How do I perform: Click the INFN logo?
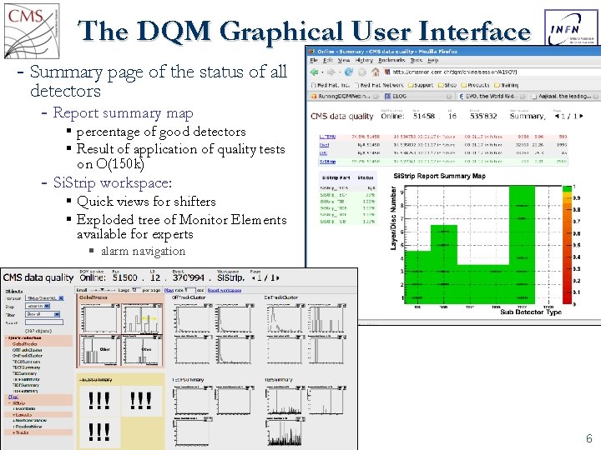[x=569, y=29]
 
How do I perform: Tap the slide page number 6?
[x=588, y=438]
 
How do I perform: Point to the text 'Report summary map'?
[x=123, y=113]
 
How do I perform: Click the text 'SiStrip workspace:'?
[x=112, y=182]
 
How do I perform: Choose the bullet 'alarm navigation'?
[x=143, y=251]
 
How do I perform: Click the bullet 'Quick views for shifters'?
[x=146, y=202]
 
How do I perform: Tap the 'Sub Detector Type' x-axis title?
[x=531, y=312]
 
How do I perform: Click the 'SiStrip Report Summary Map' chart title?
[x=439, y=176]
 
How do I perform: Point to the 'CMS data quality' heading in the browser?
[x=342, y=117]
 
